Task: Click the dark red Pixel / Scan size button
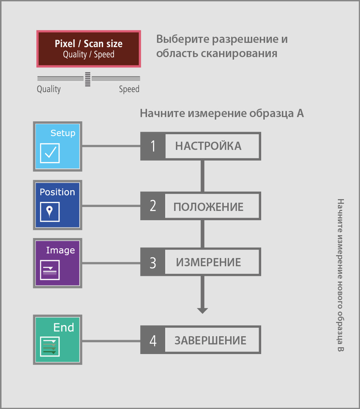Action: pos(88,49)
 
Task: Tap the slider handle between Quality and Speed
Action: pos(88,79)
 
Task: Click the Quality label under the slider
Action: pos(49,89)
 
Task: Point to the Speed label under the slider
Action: pos(129,89)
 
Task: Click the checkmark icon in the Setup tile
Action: pos(50,153)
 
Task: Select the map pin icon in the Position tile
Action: pos(50,212)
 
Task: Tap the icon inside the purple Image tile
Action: pos(50,270)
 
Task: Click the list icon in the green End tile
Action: pos(50,347)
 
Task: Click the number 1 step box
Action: pos(153,146)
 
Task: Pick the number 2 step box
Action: pos(153,206)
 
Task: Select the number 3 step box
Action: pos(153,262)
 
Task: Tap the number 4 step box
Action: pos(153,340)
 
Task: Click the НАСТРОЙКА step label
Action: pos(208,146)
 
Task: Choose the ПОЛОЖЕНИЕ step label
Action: pos(208,207)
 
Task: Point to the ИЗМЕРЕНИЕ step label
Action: pos(208,262)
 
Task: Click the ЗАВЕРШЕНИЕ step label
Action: pos(211,340)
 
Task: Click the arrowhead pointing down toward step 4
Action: pos(202,310)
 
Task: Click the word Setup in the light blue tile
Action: pos(63,133)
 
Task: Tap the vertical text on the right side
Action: pos(340,275)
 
